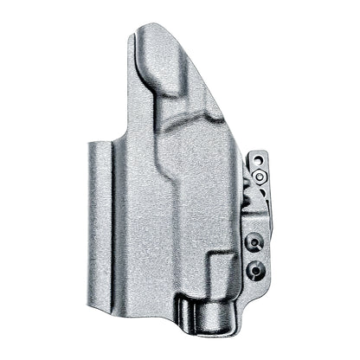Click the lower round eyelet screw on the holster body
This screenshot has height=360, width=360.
(253, 270)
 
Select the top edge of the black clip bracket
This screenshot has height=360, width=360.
(257, 154)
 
